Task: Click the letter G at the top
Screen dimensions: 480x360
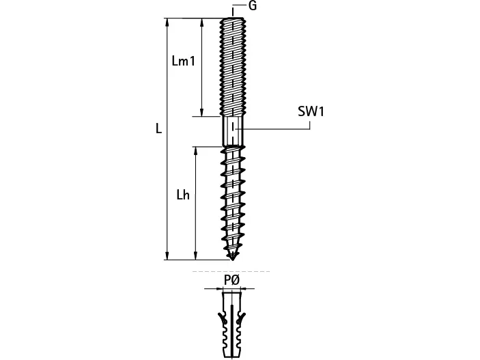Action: (252, 5)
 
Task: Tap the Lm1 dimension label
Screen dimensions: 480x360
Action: (184, 61)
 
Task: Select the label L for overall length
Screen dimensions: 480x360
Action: (158, 128)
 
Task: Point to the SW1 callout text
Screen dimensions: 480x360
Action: (311, 111)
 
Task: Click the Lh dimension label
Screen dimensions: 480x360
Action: (183, 195)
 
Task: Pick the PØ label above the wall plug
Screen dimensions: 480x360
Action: (231, 280)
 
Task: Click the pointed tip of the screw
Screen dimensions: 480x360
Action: (233, 260)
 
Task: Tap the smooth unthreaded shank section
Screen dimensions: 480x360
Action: (233, 131)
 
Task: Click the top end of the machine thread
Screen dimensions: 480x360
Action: (233, 18)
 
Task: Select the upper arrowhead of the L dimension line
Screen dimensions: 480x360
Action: (167, 22)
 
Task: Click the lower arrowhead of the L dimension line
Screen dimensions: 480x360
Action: (167, 256)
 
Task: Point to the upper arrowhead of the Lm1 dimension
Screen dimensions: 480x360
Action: (201, 22)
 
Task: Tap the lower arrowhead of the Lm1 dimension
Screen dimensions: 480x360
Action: (201, 113)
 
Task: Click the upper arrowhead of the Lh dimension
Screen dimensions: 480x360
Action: (195, 150)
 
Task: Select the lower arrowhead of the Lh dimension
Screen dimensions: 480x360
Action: (195, 256)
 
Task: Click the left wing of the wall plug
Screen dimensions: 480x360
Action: (222, 318)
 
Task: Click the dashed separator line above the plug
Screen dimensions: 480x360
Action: (231, 271)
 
